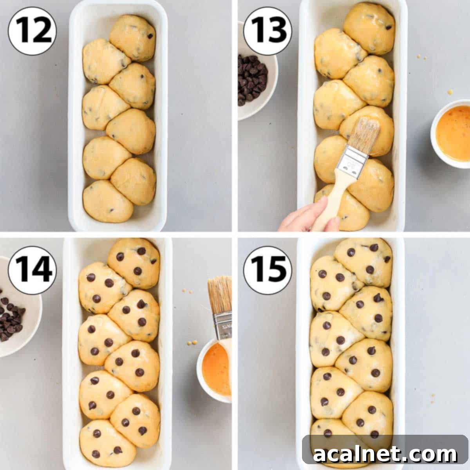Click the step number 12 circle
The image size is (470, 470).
[x=33, y=31]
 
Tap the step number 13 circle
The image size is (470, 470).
[x=268, y=31]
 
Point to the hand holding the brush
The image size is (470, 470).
[x=305, y=217]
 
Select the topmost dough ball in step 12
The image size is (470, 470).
[x=133, y=37]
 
